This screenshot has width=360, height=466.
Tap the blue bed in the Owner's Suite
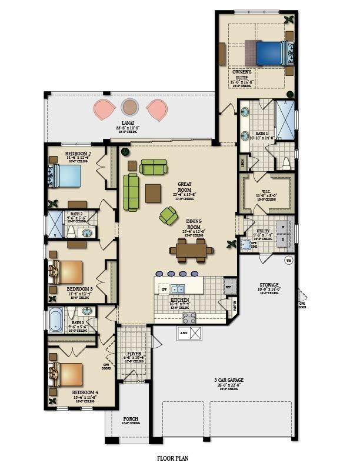(x=271, y=52)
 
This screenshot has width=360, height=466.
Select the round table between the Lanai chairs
(x=130, y=107)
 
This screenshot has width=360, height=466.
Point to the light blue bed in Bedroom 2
(x=66, y=175)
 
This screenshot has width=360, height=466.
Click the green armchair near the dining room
(x=168, y=217)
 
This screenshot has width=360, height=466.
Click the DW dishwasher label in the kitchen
(x=164, y=289)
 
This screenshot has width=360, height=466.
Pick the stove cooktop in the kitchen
(x=189, y=318)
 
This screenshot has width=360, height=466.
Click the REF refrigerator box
(x=229, y=288)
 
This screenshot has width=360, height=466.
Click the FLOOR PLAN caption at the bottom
(x=172, y=457)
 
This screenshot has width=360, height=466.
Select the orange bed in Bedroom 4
(x=68, y=374)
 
